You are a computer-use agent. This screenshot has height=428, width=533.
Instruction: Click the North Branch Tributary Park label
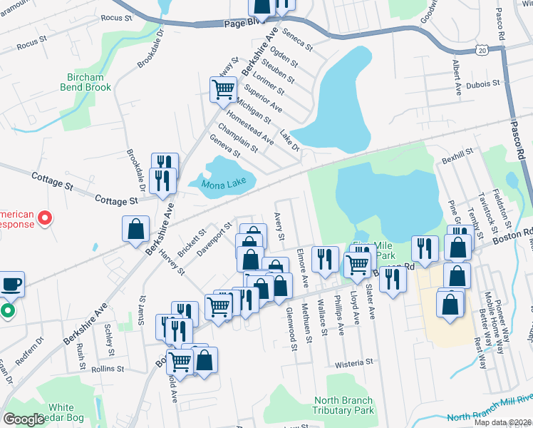point(344,405)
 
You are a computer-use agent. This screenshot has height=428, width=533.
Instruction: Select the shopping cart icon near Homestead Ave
point(223,90)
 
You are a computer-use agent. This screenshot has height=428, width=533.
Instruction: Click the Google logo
point(24,419)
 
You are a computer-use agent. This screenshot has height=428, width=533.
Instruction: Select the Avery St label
point(279,226)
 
